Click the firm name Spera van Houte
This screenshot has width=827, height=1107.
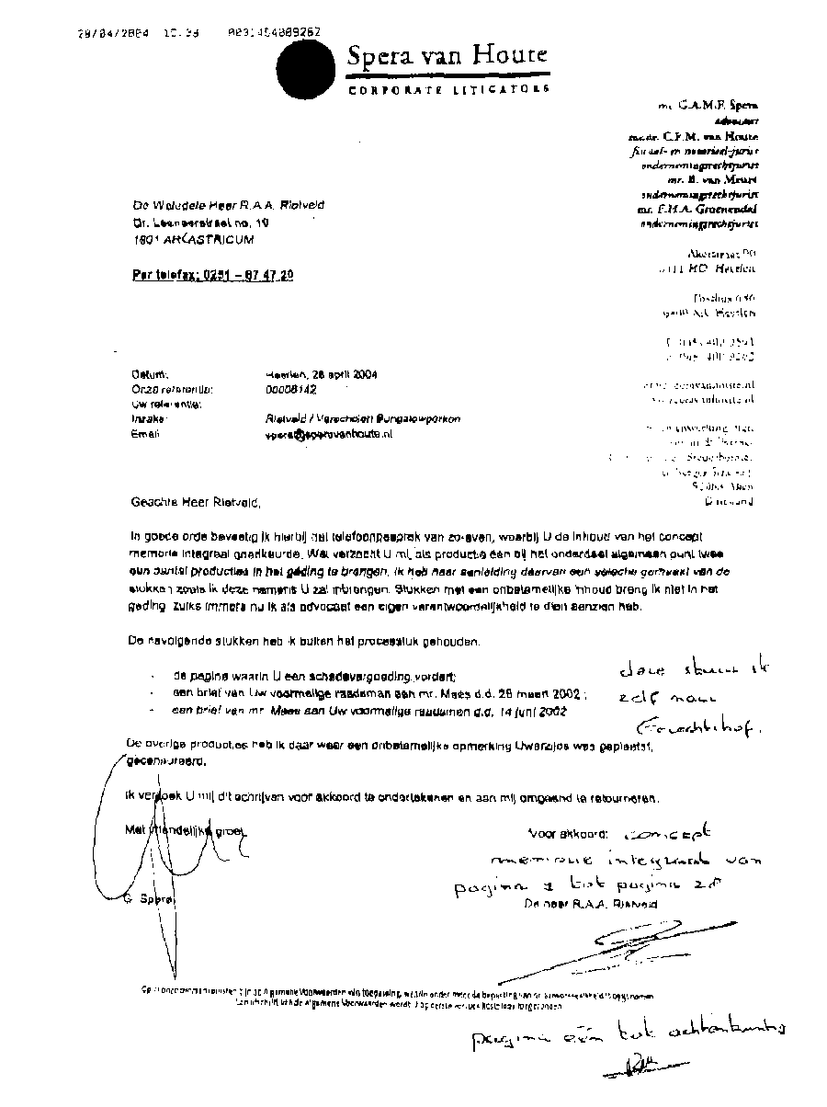tap(447, 56)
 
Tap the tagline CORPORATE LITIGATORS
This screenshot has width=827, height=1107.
tap(448, 89)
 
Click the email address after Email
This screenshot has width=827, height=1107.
tap(327, 434)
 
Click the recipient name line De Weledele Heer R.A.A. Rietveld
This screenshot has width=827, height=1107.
tap(227, 205)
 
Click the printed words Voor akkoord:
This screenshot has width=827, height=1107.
tap(567, 834)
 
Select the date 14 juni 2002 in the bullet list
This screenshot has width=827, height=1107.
tap(548, 712)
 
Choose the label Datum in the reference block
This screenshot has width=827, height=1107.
tap(148, 375)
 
